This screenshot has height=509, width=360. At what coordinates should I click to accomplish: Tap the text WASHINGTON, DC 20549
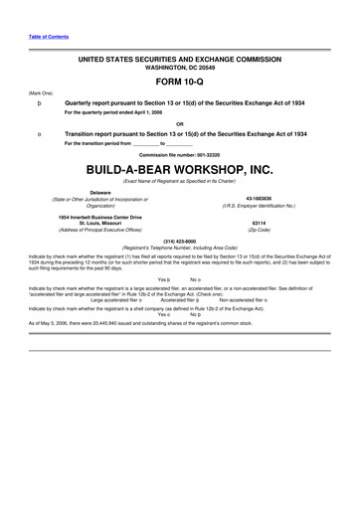(179, 69)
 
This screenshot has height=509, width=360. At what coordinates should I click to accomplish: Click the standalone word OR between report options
(179, 123)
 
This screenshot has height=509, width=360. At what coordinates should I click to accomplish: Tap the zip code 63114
(260, 223)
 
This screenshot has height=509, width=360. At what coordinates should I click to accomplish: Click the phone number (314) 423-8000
(179, 241)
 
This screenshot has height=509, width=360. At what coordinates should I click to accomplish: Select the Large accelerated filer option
(123, 299)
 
